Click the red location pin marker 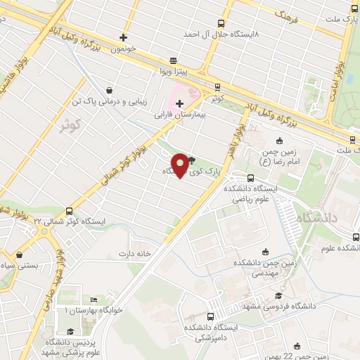(x=181, y=165)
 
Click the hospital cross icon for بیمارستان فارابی (x=180, y=103)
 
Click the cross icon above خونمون (x=124, y=37)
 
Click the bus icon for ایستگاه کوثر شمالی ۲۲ (x=69, y=211)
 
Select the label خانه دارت (x=135, y=253)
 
